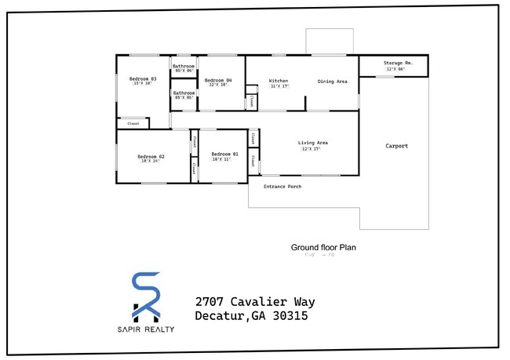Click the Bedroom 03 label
143,78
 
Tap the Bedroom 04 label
218,80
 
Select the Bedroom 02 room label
151,156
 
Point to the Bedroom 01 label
224,155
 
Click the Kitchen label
279,81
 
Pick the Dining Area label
332,81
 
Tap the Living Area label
312,142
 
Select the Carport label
396,146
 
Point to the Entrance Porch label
282,187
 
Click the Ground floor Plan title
323,247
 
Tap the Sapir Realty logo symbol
146,295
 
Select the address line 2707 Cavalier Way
255,302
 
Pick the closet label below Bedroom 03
133,123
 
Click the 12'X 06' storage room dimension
395,69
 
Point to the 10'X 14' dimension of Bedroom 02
151,162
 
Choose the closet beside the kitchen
251,101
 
